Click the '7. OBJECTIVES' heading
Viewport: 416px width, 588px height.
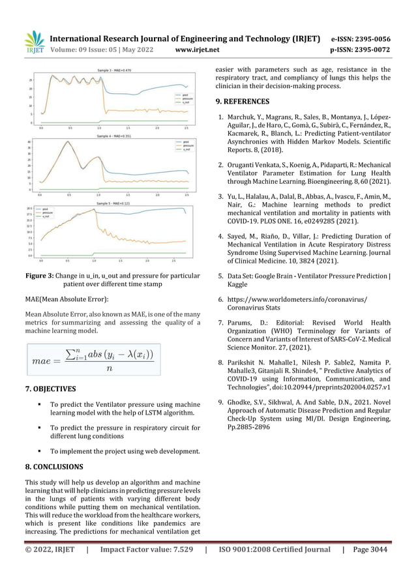coord(50,390)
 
